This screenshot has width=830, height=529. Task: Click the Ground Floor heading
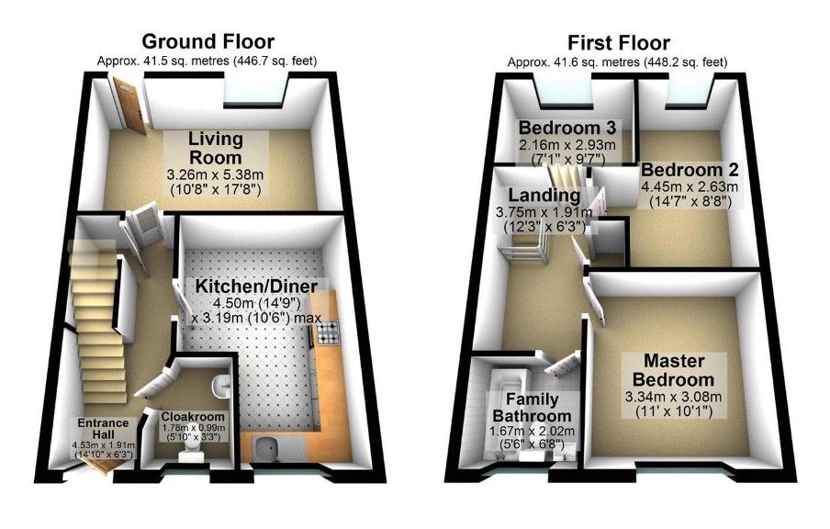(x=208, y=40)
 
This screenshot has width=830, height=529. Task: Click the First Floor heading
(x=619, y=42)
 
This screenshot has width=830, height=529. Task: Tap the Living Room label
(x=216, y=148)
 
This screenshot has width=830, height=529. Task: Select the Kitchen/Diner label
(x=257, y=287)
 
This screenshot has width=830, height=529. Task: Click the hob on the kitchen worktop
(x=328, y=333)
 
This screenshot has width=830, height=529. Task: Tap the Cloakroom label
(x=193, y=417)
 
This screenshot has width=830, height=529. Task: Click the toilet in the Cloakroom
(x=189, y=453)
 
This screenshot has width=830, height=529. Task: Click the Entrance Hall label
(x=103, y=428)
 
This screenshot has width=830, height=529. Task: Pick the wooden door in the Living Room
(x=130, y=106)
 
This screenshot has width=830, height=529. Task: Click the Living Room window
(x=256, y=91)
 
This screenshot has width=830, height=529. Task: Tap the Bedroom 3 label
(x=566, y=128)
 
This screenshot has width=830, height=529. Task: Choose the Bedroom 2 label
(x=690, y=170)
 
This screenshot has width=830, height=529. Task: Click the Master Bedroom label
(x=673, y=370)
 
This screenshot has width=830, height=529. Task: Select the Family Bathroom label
(x=532, y=407)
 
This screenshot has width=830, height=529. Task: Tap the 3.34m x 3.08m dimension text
(x=673, y=397)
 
